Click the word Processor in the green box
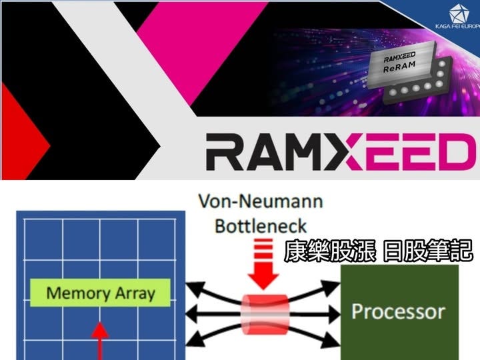click(399, 311)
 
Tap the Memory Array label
click(101, 292)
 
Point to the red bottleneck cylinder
click(265, 311)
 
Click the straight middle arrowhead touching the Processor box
click(337, 311)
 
